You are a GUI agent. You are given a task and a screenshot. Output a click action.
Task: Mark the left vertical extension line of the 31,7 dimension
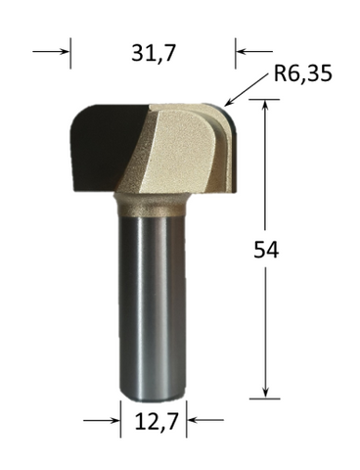click(70, 54)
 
